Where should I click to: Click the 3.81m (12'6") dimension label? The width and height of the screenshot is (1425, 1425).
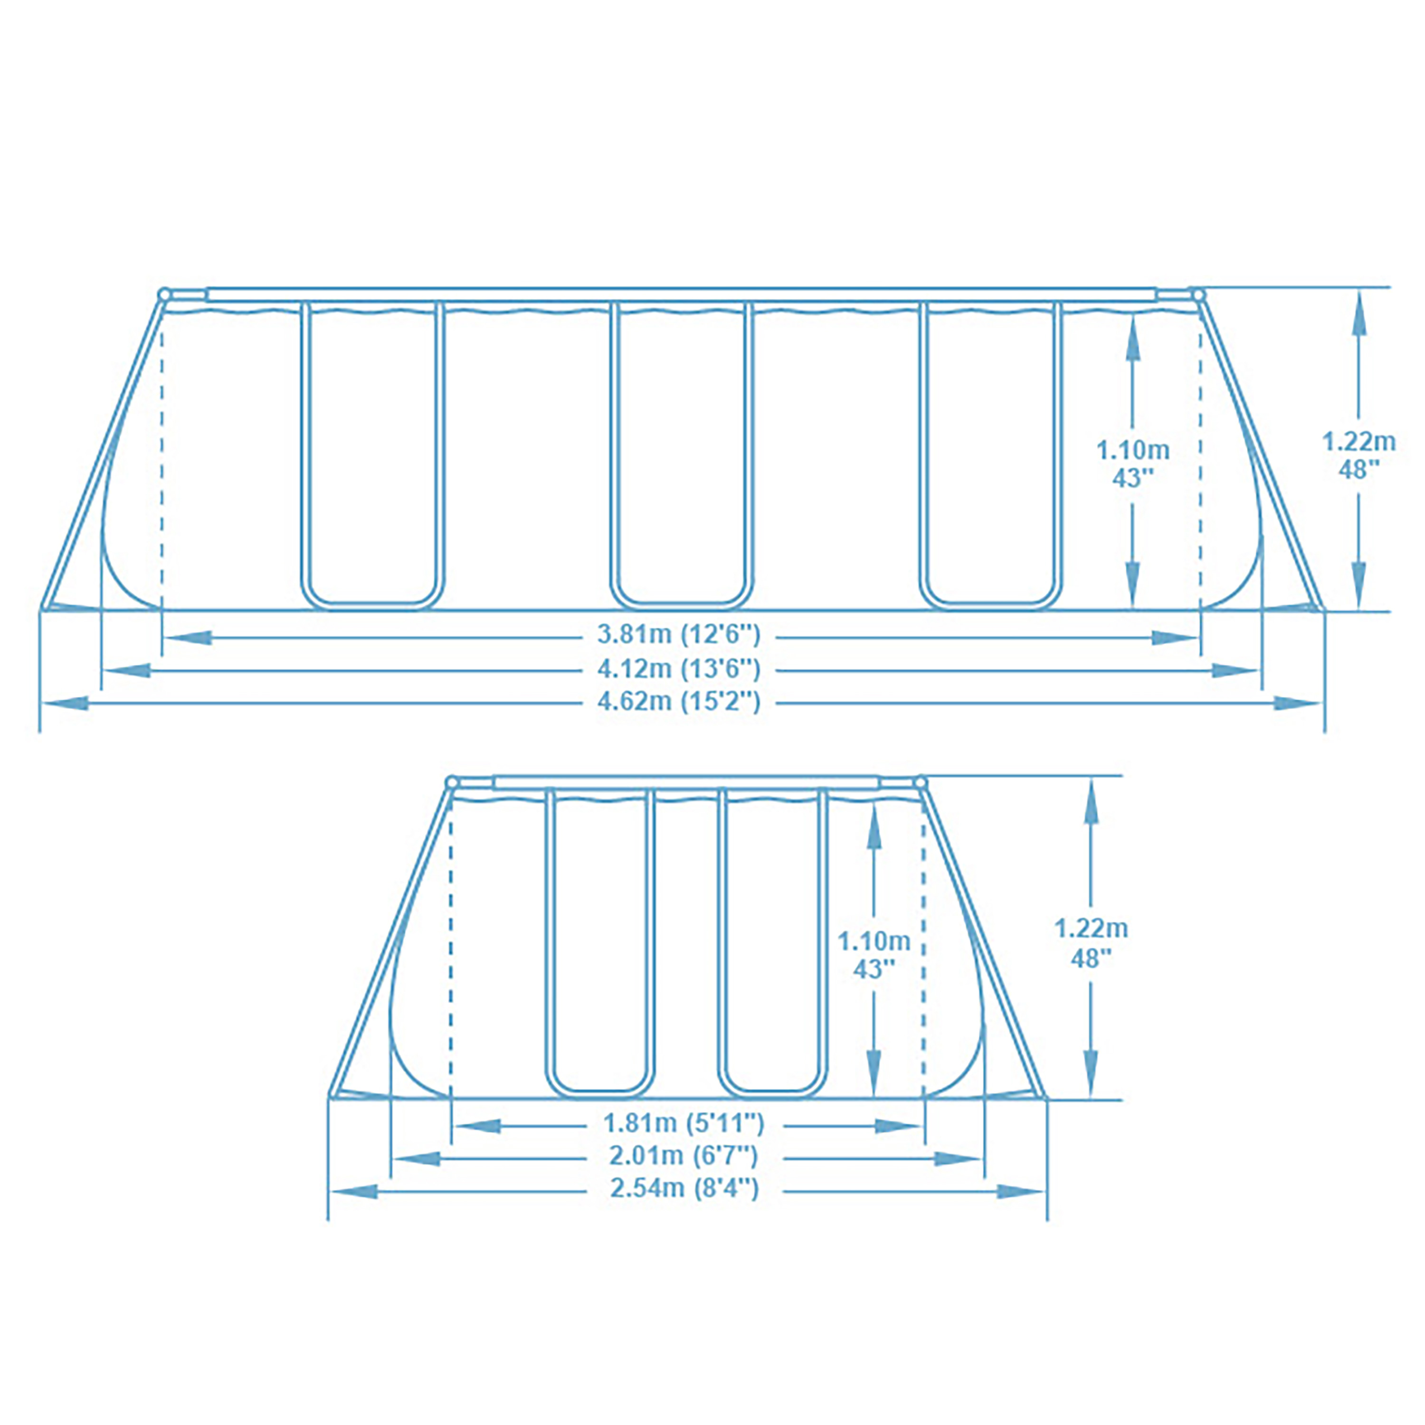click(x=678, y=634)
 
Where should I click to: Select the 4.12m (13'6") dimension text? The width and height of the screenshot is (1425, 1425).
click(x=678, y=668)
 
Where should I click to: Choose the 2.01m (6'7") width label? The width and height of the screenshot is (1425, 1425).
click(x=684, y=1156)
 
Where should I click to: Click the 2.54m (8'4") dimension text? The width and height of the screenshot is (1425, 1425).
click(x=684, y=1188)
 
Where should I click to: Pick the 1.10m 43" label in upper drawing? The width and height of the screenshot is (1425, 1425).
click(x=1132, y=463)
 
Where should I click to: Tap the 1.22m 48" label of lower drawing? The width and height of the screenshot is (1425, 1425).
click(x=1091, y=942)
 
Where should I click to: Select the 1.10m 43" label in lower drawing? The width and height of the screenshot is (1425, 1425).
click(x=874, y=954)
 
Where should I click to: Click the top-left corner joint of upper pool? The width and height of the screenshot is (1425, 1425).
click(x=164, y=294)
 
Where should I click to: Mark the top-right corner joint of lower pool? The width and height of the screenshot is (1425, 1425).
click(x=919, y=781)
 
